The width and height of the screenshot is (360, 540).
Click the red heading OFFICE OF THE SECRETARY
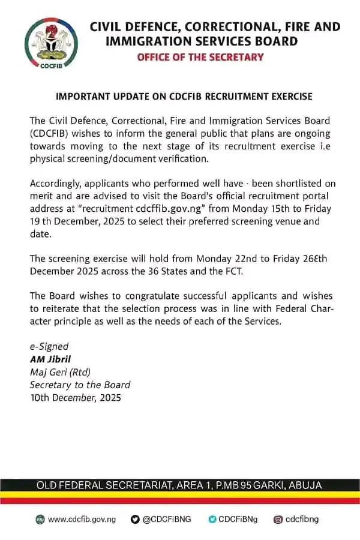click(200, 58)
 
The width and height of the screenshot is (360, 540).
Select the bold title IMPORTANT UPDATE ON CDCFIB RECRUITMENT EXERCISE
click(184, 97)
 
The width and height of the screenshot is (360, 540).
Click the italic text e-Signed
click(49, 346)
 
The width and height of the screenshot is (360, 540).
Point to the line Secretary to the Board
click(80, 385)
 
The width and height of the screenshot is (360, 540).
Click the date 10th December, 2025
click(76, 397)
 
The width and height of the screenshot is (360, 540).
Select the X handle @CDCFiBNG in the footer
click(167, 519)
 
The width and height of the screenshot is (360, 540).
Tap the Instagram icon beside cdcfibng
click(278, 519)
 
